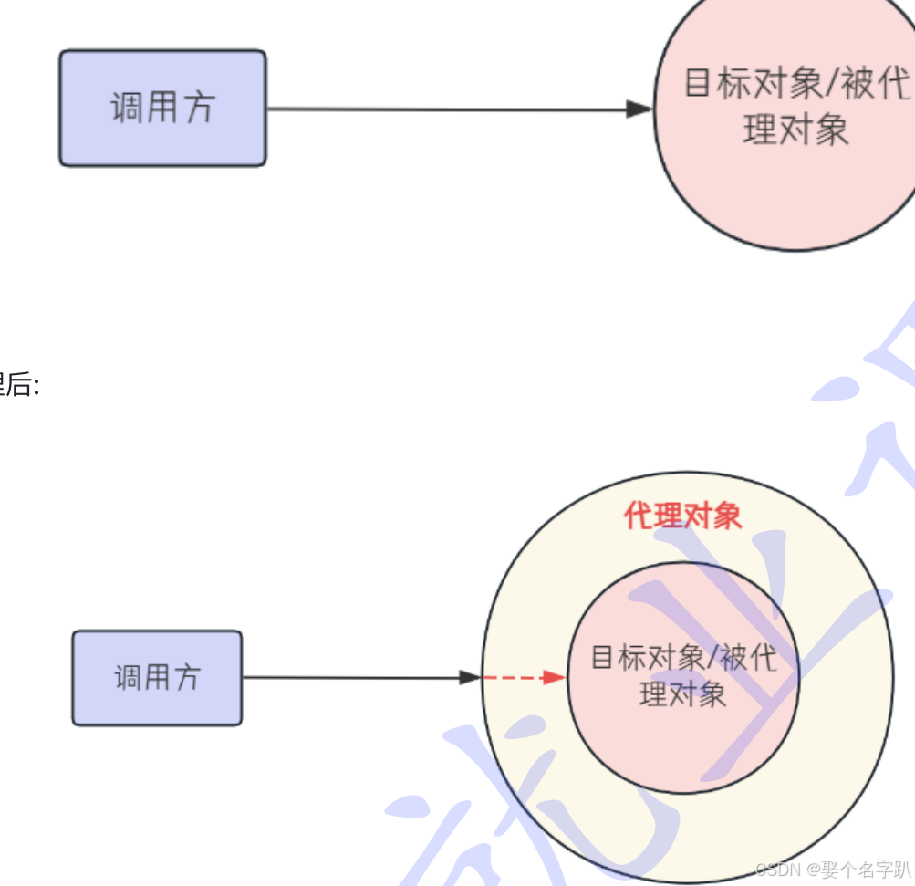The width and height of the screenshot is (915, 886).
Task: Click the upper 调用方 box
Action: click(162, 108)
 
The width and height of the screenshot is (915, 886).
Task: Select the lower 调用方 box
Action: click(157, 678)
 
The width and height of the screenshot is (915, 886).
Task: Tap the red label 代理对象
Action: click(682, 516)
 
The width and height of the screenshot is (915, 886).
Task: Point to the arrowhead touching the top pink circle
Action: click(640, 109)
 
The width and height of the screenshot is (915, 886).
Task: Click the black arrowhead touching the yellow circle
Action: click(470, 677)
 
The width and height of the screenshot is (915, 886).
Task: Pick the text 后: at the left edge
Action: click(18, 386)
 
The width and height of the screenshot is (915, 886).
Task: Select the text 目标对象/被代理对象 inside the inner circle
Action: click(683, 675)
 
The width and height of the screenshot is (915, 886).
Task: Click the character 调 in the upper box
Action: click(127, 108)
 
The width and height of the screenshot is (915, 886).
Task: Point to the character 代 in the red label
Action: click(639, 516)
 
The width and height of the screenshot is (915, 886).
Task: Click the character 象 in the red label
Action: click(727, 516)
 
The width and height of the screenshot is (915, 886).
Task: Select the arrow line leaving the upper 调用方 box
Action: click(447, 109)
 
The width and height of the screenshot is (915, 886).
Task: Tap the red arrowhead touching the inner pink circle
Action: click(555, 677)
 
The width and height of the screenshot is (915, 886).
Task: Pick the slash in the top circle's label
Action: click(835, 85)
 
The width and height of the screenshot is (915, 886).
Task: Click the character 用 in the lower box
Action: click(157, 678)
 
